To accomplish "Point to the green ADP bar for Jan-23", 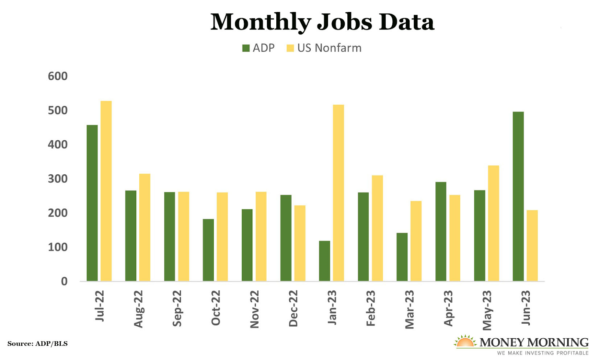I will [x=325, y=261].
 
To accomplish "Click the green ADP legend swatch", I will [x=246, y=48].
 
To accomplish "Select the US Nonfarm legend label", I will [x=329, y=48].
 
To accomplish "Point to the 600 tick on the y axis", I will [x=58, y=76].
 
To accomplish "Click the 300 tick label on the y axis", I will [x=58, y=179].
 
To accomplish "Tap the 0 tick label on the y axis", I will [x=64, y=281].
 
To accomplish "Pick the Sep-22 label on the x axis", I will [x=177, y=308].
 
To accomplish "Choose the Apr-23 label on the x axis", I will [x=448, y=308].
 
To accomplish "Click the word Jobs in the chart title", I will [x=344, y=22].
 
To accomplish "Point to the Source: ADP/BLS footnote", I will [x=37, y=344].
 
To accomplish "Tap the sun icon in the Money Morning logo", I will [x=465, y=341].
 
